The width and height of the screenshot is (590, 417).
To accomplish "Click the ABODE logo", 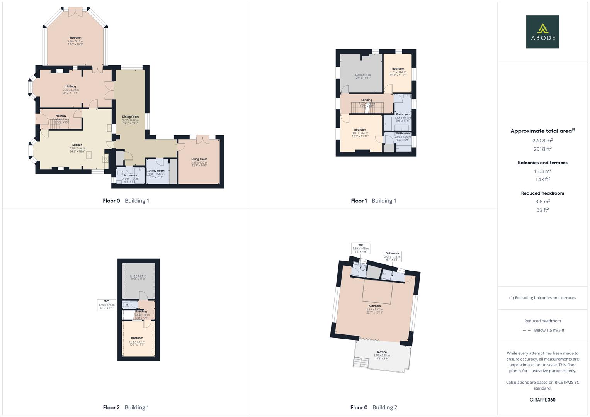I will pos(542,32).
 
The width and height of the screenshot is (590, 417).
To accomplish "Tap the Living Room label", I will pos(199,159).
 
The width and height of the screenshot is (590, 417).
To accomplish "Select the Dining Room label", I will pos(130,117).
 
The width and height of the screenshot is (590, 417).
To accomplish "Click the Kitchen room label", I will pos(77,145).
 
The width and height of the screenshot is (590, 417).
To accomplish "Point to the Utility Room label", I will pos(156,171).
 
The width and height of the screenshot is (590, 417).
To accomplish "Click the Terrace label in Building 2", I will pos(382,352).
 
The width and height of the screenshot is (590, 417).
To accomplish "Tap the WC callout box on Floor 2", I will pos(106,305).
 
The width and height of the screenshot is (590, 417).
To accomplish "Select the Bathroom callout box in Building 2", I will pos(392,256).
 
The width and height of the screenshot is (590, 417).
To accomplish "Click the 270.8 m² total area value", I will pos(542,141).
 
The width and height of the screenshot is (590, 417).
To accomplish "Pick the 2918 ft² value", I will pos(542,149).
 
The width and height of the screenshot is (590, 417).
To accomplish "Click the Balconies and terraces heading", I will pos(542,163).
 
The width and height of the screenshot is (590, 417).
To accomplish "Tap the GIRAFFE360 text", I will pos(542,400).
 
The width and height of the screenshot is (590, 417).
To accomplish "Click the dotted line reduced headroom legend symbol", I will pos(526,330).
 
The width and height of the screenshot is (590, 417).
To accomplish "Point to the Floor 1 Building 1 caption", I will pos(373,201).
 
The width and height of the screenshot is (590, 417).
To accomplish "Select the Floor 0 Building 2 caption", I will pos(373,407).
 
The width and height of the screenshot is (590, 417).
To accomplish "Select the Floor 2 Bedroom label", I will pos(137,338).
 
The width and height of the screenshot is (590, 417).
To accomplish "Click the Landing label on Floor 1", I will pos(367,100).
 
